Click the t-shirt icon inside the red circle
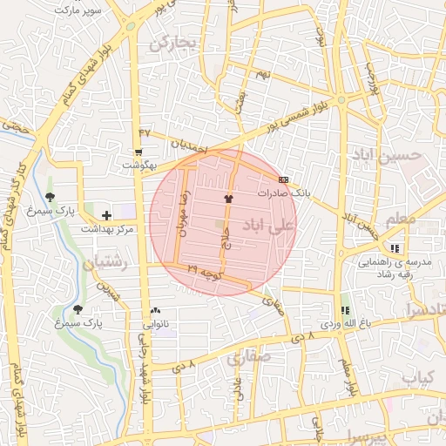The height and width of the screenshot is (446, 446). [x=229, y=199]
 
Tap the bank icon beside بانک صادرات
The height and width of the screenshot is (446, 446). [x=282, y=179]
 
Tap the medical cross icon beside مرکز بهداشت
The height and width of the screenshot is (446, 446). [x=106, y=215]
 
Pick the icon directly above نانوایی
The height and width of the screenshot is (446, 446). [x=156, y=310]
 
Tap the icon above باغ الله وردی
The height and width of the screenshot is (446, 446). [x=345, y=310]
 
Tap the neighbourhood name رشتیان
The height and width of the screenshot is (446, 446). [x=105, y=262]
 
